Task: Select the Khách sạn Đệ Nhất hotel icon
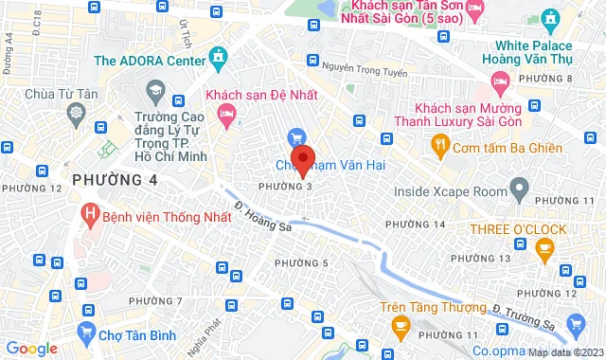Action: coord(226,115)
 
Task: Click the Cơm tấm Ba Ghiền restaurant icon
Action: coord(439,144)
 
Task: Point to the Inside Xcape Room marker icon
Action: coord(518,190)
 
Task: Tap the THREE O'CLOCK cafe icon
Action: coord(544,249)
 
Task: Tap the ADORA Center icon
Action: coord(220,59)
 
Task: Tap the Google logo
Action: coord(32,349)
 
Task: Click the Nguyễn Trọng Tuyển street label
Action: coord(364,66)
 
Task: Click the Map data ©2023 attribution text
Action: coord(565,353)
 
